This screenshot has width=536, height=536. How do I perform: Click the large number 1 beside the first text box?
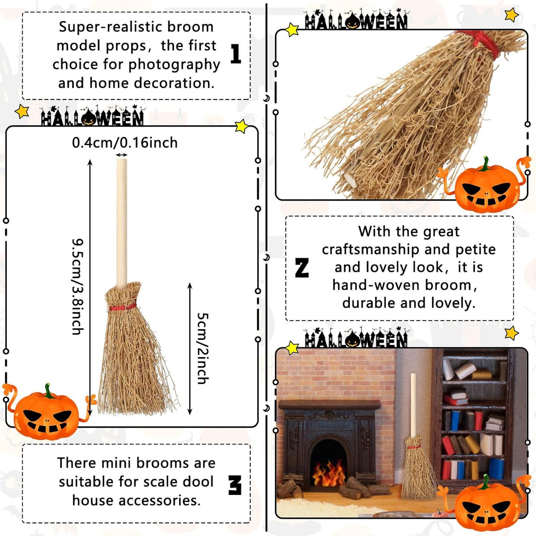[x=236, y=54]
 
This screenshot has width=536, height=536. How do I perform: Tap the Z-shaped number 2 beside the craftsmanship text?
[x=302, y=268]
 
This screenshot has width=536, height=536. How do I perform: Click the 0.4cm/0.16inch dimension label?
[x=125, y=143]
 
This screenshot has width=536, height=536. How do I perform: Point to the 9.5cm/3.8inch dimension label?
[x=78, y=287]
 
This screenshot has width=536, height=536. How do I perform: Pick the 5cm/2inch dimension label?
[x=203, y=348]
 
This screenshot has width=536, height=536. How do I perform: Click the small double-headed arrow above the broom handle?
[x=122, y=155]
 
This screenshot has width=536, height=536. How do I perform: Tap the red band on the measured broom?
[x=123, y=307]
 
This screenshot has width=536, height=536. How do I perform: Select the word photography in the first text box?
[x=174, y=64]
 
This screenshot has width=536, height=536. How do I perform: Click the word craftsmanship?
[x=370, y=249]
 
